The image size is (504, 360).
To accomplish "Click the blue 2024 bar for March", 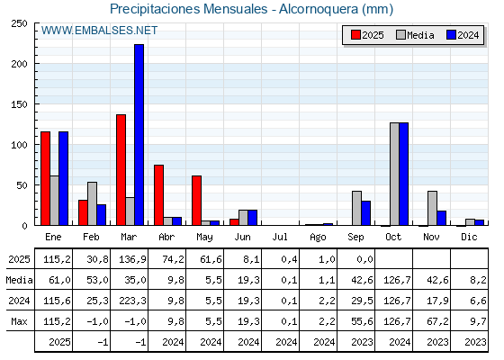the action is [139, 135].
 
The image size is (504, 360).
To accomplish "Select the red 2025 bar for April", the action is [158, 195].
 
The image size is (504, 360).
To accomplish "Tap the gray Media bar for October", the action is [394, 174].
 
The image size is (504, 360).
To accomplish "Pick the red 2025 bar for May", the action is [197, 200].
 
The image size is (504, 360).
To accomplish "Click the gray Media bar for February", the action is [92, 203].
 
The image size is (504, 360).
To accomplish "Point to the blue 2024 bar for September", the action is [365, 213].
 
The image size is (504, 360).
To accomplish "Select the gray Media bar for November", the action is [432, 208].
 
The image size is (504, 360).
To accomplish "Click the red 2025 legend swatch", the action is [355, 35].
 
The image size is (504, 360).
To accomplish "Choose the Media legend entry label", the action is [420, 35].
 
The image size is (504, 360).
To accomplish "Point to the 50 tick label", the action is [22, 185].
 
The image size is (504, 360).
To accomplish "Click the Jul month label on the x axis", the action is [280, 237].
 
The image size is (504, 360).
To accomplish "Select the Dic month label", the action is [469, 237].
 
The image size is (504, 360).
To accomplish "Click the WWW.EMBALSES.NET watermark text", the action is [99, 31].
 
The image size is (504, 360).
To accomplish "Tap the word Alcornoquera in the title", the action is [319, 9].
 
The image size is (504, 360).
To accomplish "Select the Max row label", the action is [19, 321].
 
